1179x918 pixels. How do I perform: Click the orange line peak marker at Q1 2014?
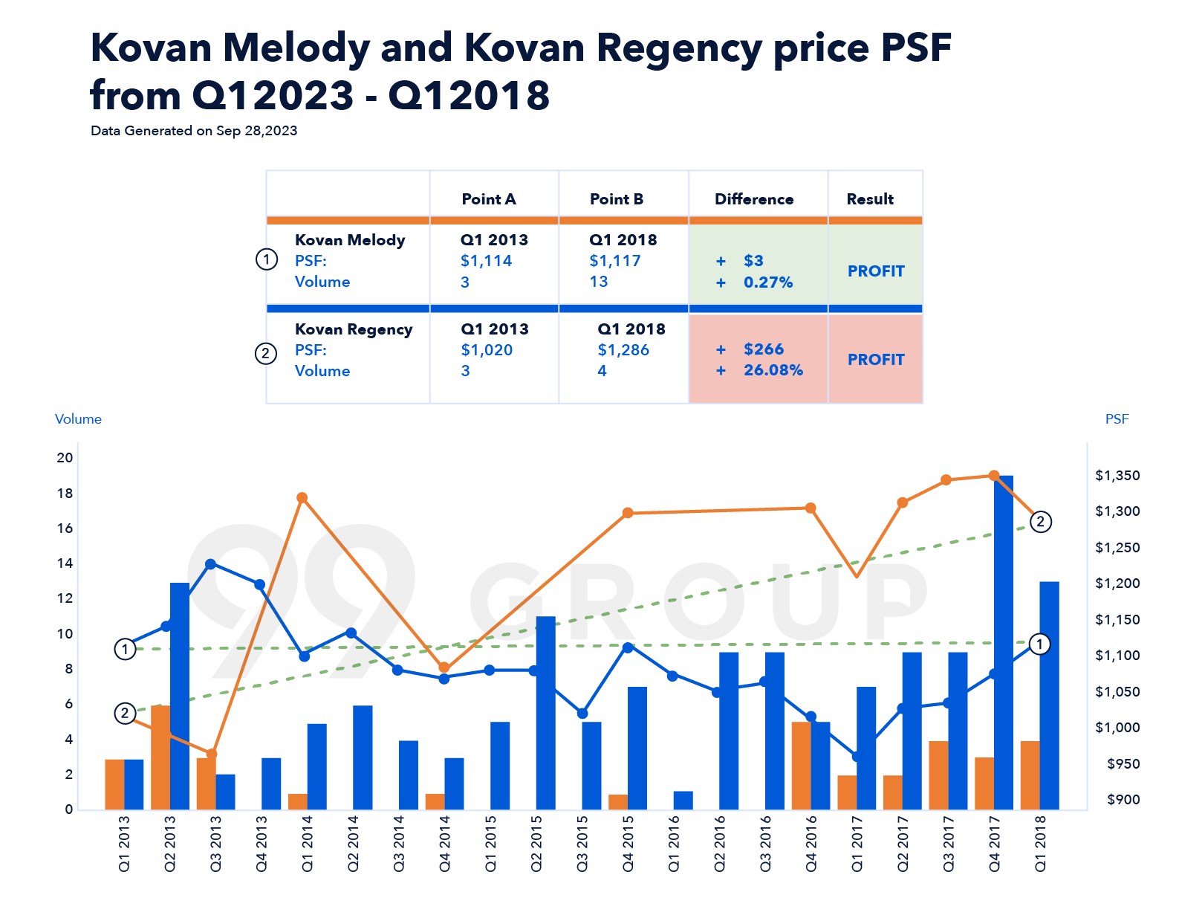[302, 498]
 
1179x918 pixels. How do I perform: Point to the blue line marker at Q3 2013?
[210, 564]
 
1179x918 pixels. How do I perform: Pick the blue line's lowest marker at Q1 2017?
[857, 757]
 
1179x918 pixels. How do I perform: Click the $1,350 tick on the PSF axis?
[1117, 476]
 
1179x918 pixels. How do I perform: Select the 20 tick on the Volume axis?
[65, 458]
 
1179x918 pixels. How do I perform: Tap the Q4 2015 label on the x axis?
[628, 844]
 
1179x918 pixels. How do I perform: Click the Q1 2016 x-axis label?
[674, 844]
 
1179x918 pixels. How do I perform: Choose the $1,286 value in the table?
[623, 350]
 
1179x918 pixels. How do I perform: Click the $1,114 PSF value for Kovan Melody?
[486, 261]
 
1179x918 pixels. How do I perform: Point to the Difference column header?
[754, 199]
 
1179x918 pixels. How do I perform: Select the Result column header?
[870, 199]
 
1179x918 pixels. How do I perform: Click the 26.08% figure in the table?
[773, 370]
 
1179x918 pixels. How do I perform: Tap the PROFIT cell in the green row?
[876, 271]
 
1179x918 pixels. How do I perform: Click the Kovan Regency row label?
[354, 329]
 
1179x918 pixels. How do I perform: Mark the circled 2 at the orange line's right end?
[1040, 522]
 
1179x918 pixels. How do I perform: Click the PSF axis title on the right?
[1117, 419]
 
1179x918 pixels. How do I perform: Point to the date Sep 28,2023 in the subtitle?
[256, 131]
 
